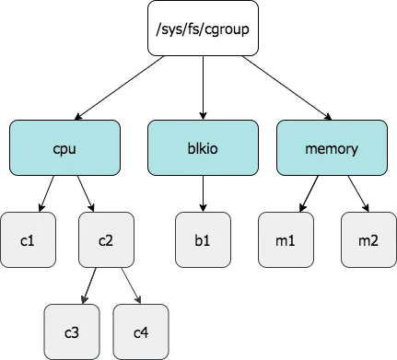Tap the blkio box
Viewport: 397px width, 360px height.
pyautogui.click(x=201, y=147)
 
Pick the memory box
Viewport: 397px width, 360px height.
pyautogui.click(x=332, y=147)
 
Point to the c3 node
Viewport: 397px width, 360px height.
pyautogui.click(x=72, y=330)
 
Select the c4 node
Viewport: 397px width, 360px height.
pyautogui.click(x=141, y=330)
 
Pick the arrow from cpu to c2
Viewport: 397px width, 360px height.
pyautogui.click(x=85, y=193)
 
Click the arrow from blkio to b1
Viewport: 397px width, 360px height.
pyautogui.click(x=201, y=193)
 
